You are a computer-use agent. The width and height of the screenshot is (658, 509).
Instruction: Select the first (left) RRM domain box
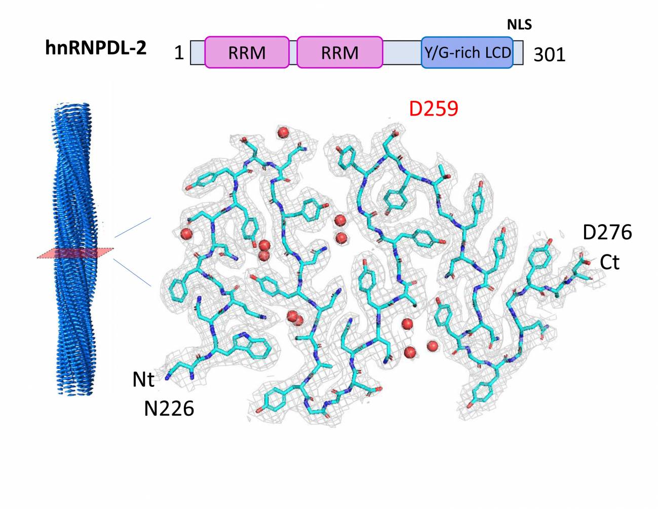[x=247, y=52]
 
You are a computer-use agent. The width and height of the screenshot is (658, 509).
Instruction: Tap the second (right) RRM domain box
[x=340, y=52]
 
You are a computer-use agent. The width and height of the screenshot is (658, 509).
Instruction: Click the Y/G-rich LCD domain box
[x=467, y=52]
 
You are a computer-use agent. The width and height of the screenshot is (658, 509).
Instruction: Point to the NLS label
[x=519, y=25]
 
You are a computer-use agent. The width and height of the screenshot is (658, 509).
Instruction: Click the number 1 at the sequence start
[x=179, y=53]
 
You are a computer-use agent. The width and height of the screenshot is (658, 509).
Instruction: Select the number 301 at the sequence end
[x=549, y=55]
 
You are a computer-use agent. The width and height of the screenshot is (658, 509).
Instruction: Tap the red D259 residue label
[x=434, y=109]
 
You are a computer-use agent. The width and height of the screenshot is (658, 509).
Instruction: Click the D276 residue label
[x=607, y=232]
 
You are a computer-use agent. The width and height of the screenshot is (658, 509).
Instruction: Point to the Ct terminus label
[x=609, y=263]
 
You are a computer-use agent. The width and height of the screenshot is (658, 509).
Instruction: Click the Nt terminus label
[x=143, y=379]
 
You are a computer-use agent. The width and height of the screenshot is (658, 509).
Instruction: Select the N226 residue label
[x=169, y=409]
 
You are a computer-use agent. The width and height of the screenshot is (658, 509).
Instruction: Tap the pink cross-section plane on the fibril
[x=75, y=253]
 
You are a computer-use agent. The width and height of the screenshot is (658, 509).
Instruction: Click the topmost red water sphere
[x=284, y=132]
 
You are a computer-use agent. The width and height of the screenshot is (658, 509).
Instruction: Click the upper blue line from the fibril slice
[x=133, y=227]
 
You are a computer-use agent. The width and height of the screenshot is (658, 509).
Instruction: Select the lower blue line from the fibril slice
[x=132, y=272]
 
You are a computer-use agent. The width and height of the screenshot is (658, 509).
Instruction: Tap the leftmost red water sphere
[x=186, y=234]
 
